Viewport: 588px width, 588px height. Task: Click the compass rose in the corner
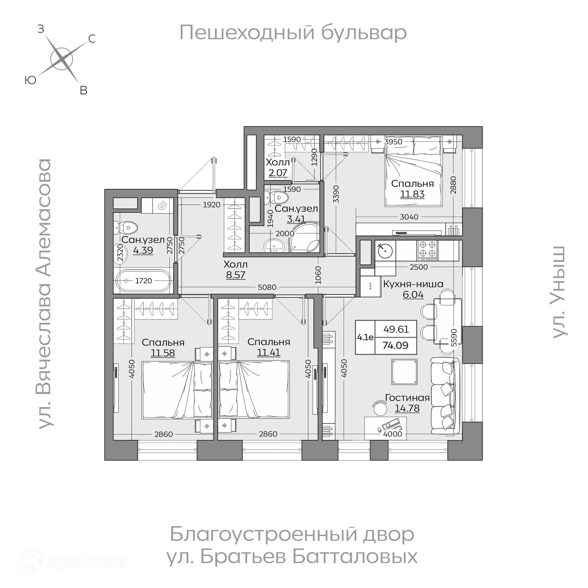point(62,59)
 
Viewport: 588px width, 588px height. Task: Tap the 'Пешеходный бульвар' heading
point(293,32)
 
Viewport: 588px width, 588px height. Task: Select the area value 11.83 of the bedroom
point(412,194)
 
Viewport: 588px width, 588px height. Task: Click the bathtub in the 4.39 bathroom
point(143,281)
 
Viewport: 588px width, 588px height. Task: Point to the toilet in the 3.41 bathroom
point(277,198)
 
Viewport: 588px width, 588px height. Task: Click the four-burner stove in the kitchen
point(428,251)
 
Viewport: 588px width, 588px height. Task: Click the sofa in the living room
point(445,395)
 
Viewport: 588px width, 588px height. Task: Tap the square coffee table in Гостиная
point(404,372)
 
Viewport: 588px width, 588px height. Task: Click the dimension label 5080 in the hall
point(267,287)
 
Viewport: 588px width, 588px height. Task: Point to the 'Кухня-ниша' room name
point(413,284)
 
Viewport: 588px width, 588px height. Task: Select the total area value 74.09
point(395,345)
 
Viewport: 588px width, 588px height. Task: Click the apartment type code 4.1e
point(365,337)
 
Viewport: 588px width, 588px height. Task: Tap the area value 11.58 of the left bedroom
point(163,353)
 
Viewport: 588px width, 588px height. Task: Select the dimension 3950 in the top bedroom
point(393,141)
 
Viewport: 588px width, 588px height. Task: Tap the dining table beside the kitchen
point(448,322)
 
